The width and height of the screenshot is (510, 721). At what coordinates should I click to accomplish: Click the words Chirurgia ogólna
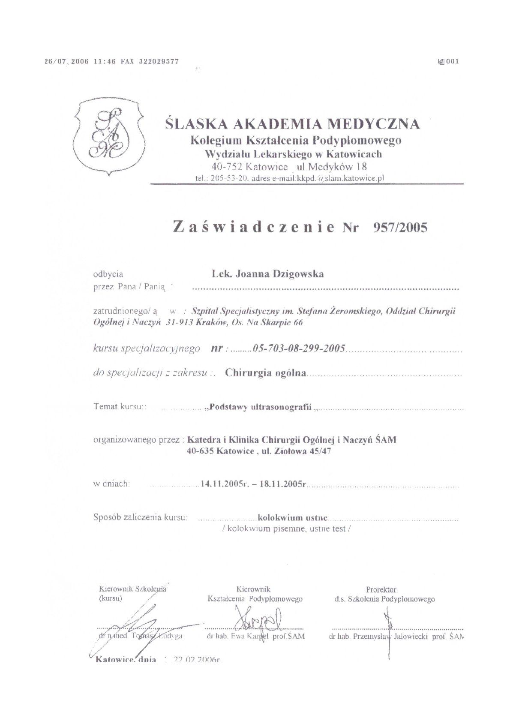coord(266,373)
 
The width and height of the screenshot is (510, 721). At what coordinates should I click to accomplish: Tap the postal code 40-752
coord(227,166)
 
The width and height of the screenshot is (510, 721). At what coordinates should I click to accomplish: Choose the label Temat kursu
coord(117,406)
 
